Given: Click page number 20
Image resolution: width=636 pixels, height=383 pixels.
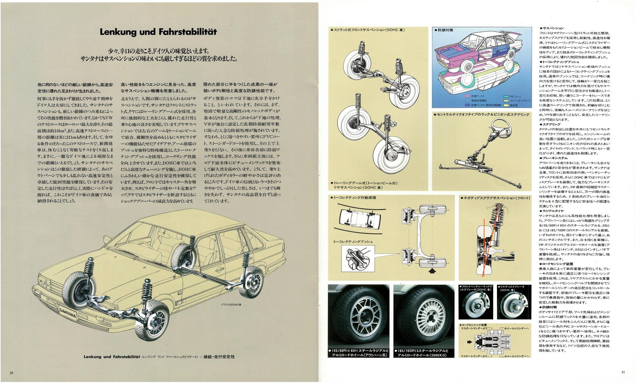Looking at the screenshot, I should (11, 373).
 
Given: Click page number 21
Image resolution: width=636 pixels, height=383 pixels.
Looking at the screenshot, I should (623, 372).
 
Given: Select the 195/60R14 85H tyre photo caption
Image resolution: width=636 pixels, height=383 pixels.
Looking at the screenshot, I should (358, 353).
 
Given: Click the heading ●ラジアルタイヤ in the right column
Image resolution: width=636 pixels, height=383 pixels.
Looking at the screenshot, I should (552, 211).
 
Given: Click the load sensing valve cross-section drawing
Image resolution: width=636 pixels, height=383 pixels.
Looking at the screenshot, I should (494, 342).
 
